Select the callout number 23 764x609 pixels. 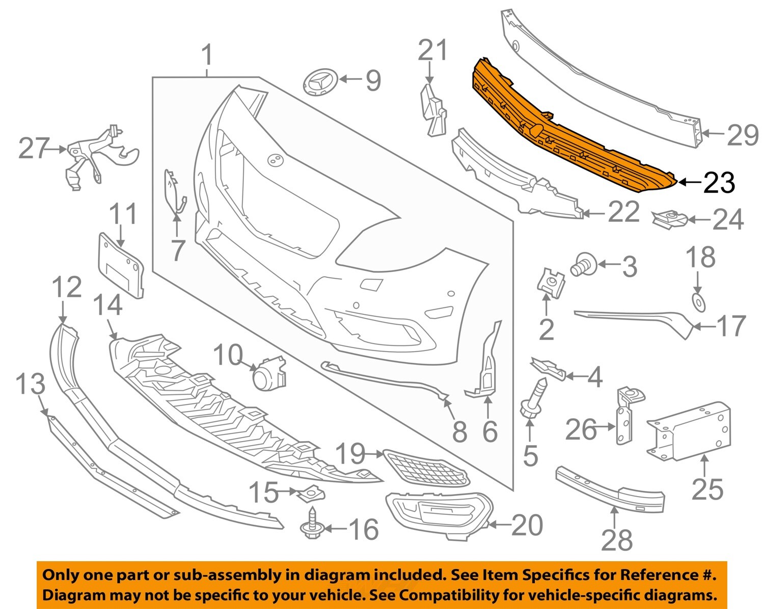719,182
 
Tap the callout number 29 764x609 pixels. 742,135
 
